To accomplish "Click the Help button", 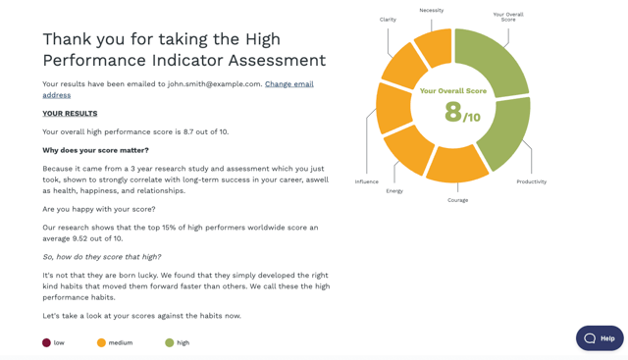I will [x=600, y=337].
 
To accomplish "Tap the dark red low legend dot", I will [x=46, y=342].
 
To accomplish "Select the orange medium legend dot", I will [x=101, y=342].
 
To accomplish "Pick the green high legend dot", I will [x=170, y=342].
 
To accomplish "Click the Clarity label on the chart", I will [x=388, y=20].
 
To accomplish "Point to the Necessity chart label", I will [x=431, y=11].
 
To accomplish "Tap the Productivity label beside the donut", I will [x=531, y=181].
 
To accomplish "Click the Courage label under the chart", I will [x=457, y=200].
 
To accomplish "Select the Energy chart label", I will [x=394, y=191].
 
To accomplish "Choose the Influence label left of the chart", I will [x=367, y=181].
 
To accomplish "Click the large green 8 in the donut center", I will [x=452, y=112].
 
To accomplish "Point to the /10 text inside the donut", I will [x=472, y=118].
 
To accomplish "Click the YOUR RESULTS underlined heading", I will [x=70, y=114].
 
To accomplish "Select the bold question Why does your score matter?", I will [x=95, y=150].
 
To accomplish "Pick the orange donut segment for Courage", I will [x=457, y=166].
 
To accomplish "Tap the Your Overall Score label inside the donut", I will [x=452, y=91].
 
